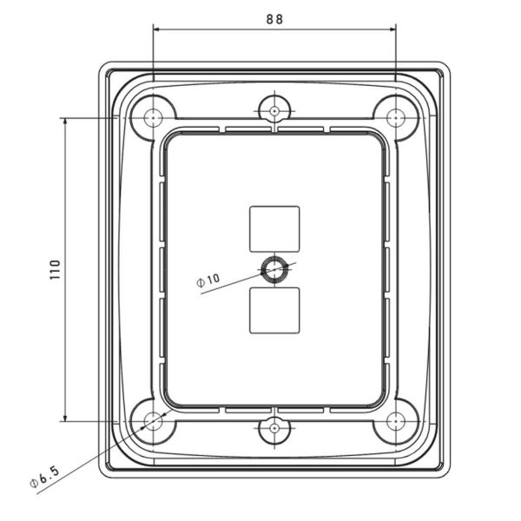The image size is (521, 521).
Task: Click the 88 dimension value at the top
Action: pyautogui.click(x=275, y=17)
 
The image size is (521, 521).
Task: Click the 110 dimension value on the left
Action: pyautogui.click(x=53, y=270)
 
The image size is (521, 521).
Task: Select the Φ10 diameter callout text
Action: pyautogui.click(x=209, y=280)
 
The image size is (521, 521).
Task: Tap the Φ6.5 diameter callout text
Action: pyautogui.click(x=43, y=476)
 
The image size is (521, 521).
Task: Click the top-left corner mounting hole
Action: pyautogui.click(x=154, y=116)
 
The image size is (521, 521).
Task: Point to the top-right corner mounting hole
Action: pyautogui.click(x=396, y=116)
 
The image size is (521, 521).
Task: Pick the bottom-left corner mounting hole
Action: pyautogui.click(x=154, y=422)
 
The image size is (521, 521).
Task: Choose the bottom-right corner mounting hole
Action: pyautogui.click(x=396, y=422)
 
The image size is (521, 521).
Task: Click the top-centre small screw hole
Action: pyautogui.click(x=274, y=110)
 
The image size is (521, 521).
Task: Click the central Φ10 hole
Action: pyautogui.click(x=275, y=268)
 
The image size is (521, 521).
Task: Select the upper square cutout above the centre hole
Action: pyautogui.click(x=274, y=228)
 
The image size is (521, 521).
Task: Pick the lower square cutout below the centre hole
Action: pyautogui.click(x=274, y=310)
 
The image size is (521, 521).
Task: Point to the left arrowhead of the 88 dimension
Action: pyautogui.click(x=157, y=29)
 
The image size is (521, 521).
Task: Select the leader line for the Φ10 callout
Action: pyautogui.click(x=239, y=281)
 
